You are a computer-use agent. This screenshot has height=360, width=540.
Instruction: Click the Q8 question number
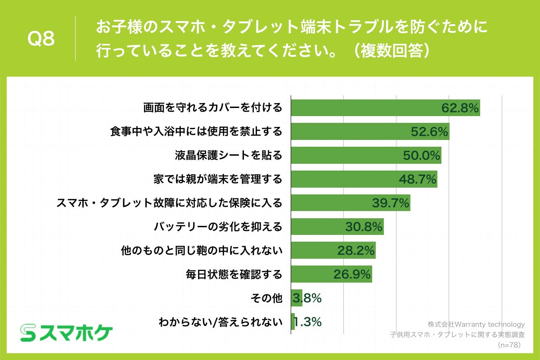pos(41,39)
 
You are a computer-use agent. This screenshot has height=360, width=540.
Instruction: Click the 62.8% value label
pos(459,108)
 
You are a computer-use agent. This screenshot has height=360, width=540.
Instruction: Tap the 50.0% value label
pos(421,156)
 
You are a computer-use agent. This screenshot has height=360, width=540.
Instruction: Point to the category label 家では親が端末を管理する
pos(218,179)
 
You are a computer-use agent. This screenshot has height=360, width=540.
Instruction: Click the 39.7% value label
pos(390,203)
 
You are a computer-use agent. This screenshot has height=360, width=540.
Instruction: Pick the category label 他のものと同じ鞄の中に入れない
pos(202,251)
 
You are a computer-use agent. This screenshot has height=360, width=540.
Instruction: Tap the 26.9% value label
pos(352,274)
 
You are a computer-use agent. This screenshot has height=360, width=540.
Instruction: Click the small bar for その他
pos(297,298)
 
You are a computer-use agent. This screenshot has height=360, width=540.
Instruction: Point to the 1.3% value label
pos(308,322)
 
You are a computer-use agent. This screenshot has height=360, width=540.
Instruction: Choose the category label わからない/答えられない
pos(220,322)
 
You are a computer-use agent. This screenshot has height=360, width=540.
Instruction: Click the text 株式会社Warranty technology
pos(476,324)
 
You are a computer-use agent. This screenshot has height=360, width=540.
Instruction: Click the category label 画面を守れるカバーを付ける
pos(212,108)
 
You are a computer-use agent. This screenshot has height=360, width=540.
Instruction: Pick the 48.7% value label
pos(418,179)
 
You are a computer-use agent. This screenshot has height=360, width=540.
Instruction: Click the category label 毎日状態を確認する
pos(234,274)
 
